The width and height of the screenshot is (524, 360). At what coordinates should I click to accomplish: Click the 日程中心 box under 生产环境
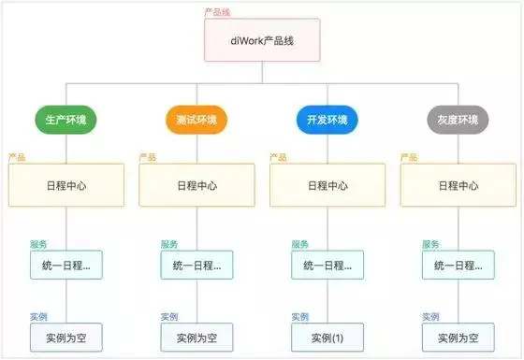click(x=65, y=185)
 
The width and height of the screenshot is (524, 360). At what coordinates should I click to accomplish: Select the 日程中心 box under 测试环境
click(x=196, y=185)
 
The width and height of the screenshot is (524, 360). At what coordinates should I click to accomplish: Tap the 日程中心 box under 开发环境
click(x=327, y=185)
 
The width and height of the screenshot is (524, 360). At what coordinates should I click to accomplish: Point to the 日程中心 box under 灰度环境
click(x=458, y=185)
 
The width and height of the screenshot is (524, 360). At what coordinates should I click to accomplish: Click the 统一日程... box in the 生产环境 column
click(x=65, y=266)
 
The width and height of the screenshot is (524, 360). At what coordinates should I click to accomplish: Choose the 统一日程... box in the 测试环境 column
click(x=196, y=266)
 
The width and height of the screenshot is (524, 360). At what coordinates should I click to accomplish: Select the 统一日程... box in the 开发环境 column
click(x=327, y=266)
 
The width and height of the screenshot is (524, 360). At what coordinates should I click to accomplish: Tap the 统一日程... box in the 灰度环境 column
click(x=458, y=266)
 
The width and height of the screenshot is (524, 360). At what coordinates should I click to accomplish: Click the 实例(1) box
click(x=327, y=337)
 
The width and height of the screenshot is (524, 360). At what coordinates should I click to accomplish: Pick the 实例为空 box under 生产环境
click(x=65, y=337)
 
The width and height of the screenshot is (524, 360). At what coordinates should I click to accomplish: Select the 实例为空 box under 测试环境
click(x=196, y=337)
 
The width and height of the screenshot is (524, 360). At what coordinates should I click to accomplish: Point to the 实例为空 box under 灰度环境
click(x=458, y=337)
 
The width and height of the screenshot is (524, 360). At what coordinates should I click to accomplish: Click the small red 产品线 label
click(x=217, y=12)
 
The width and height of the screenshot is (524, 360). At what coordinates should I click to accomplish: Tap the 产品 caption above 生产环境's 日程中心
click(x=17, y=157)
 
